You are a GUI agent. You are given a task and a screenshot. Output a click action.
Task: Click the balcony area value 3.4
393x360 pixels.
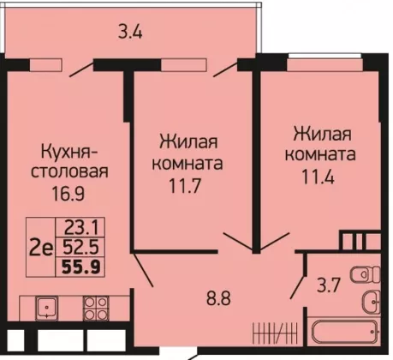coord(130,32)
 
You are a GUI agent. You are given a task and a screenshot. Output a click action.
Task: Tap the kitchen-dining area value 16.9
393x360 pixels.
coord(68,194)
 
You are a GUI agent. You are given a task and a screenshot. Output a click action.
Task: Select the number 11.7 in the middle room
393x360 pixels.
coord(186,186)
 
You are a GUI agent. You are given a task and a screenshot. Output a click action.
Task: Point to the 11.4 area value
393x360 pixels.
coord(318,177)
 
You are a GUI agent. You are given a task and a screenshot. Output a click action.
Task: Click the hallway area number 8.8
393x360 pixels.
coord(218,298)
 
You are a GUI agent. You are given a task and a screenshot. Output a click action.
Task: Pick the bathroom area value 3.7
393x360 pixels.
coord(329,285)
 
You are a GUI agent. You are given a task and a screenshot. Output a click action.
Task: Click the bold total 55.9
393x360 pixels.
coord(81,267)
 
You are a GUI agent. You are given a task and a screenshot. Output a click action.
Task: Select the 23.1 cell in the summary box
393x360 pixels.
coord(82,228)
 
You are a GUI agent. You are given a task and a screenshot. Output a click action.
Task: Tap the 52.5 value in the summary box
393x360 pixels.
coord(80,247)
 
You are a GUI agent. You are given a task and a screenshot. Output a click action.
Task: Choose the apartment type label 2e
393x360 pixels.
coord(42,249)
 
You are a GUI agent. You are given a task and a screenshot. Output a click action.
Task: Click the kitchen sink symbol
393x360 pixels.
coord(46,308)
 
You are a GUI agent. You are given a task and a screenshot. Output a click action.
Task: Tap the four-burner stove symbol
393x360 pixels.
coord(96,308)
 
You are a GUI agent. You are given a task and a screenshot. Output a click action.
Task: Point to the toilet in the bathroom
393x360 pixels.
coord(366,274)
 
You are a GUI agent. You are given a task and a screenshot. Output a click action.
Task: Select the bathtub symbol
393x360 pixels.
coord(345,333)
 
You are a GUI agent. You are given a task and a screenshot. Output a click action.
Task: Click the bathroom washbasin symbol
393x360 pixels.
coord(372,302)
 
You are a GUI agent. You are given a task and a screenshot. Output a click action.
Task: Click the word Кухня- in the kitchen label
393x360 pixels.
coord(69,152)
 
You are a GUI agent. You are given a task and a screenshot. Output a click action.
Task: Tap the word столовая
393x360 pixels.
coord(69,171)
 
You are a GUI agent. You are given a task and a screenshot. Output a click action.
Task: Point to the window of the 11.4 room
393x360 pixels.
coord(325,65)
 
